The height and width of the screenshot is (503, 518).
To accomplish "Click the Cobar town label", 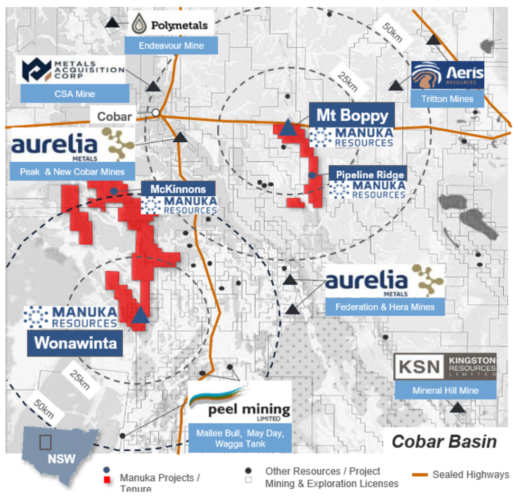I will [x=114, y=116].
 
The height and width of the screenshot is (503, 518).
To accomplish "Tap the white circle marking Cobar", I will [x=155, y=113].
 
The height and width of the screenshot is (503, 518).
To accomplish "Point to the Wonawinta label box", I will [x=75, y=343].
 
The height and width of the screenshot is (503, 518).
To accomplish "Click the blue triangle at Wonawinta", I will [x=140, y=315].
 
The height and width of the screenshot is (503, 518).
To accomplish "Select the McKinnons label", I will [x=178, y=189].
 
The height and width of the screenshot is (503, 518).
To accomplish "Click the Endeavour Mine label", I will [x=171, y=45].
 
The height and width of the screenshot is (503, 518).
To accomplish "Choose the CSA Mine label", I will [x=75, y=94].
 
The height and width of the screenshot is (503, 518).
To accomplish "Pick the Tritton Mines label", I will [x=447, y=98].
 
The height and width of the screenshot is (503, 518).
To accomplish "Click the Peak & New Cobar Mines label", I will [x=72, y=171].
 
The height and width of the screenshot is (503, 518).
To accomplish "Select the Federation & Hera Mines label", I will [x=384, y=307].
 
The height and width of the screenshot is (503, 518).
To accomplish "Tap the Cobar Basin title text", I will [x=444, y=441].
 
